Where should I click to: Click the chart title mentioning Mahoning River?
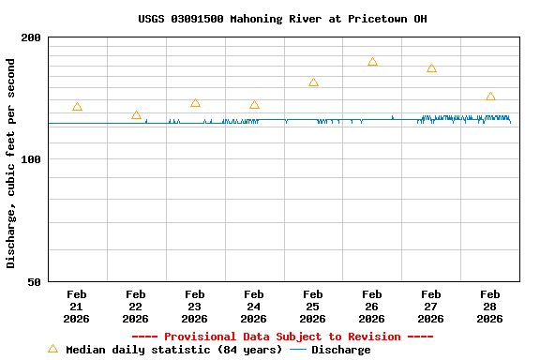click(282, 19)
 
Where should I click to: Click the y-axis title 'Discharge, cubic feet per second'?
click(11, 163)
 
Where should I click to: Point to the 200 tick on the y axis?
click(32, 37)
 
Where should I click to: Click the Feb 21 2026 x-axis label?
click(77, 307)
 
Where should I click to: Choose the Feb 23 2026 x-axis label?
click(195, 307)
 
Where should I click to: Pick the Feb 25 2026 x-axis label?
click(313, 307)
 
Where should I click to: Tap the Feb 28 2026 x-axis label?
click(490, 307)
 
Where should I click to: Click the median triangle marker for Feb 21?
click(77, 107)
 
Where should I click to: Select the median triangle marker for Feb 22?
click(136, 115)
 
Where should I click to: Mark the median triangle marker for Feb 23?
click(195, 103)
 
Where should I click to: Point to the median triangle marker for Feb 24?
click(254, 105)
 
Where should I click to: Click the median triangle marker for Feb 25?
click(313, 82)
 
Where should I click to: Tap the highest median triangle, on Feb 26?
click(372, 62)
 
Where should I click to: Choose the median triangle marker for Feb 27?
click(431, 68)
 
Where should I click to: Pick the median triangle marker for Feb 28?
click(490, 97)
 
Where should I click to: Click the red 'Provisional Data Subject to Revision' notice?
click(282, 337)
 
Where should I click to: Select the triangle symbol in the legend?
click(52, 349)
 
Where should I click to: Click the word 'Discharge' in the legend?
click(340, 350)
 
